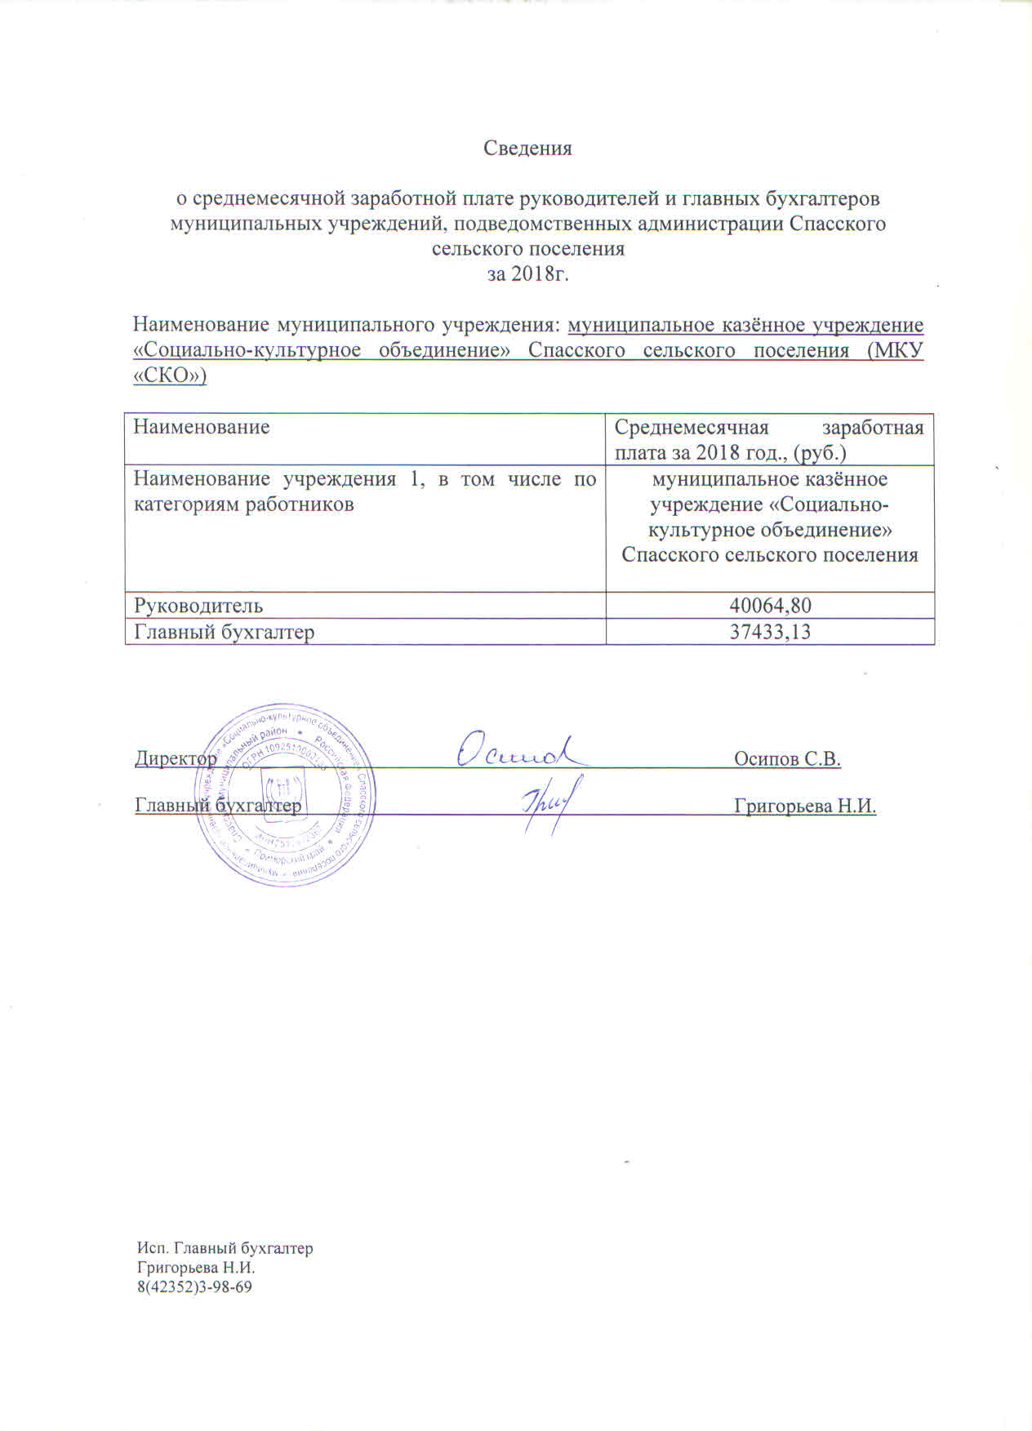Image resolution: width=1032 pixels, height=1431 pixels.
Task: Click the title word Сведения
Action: (527, 149)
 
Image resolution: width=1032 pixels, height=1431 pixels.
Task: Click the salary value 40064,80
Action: (770, 605)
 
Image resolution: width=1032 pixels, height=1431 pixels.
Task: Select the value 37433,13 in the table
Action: (770, 631)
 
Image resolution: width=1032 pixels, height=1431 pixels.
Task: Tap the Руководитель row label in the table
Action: (198, 605)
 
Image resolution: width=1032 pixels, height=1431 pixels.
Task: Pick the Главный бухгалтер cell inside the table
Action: (225, 631)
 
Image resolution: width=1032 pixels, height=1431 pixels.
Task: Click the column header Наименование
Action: (202, 426)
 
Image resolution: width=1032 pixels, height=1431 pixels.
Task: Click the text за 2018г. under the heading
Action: (527, 274)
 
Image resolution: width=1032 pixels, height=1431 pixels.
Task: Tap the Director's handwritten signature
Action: (518, 749)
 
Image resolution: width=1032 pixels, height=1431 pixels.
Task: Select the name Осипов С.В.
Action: (787, 758)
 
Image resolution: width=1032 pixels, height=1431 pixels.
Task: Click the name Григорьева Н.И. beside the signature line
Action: (805, 807)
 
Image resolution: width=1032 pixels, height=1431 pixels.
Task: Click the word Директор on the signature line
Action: (176, 758)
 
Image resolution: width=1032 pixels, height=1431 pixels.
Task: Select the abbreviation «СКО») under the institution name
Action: (170, 376)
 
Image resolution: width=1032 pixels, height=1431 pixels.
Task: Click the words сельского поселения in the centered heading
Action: (527, 249)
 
